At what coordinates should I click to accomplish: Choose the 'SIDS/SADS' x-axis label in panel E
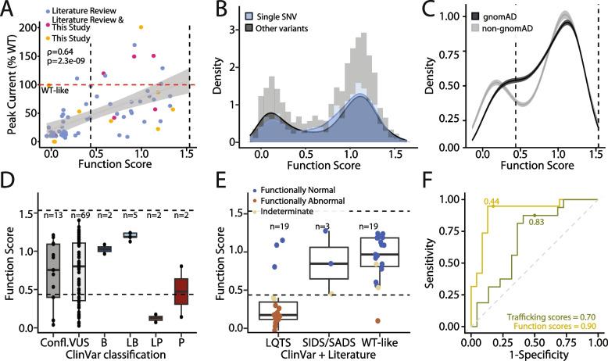tap(328, 341)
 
